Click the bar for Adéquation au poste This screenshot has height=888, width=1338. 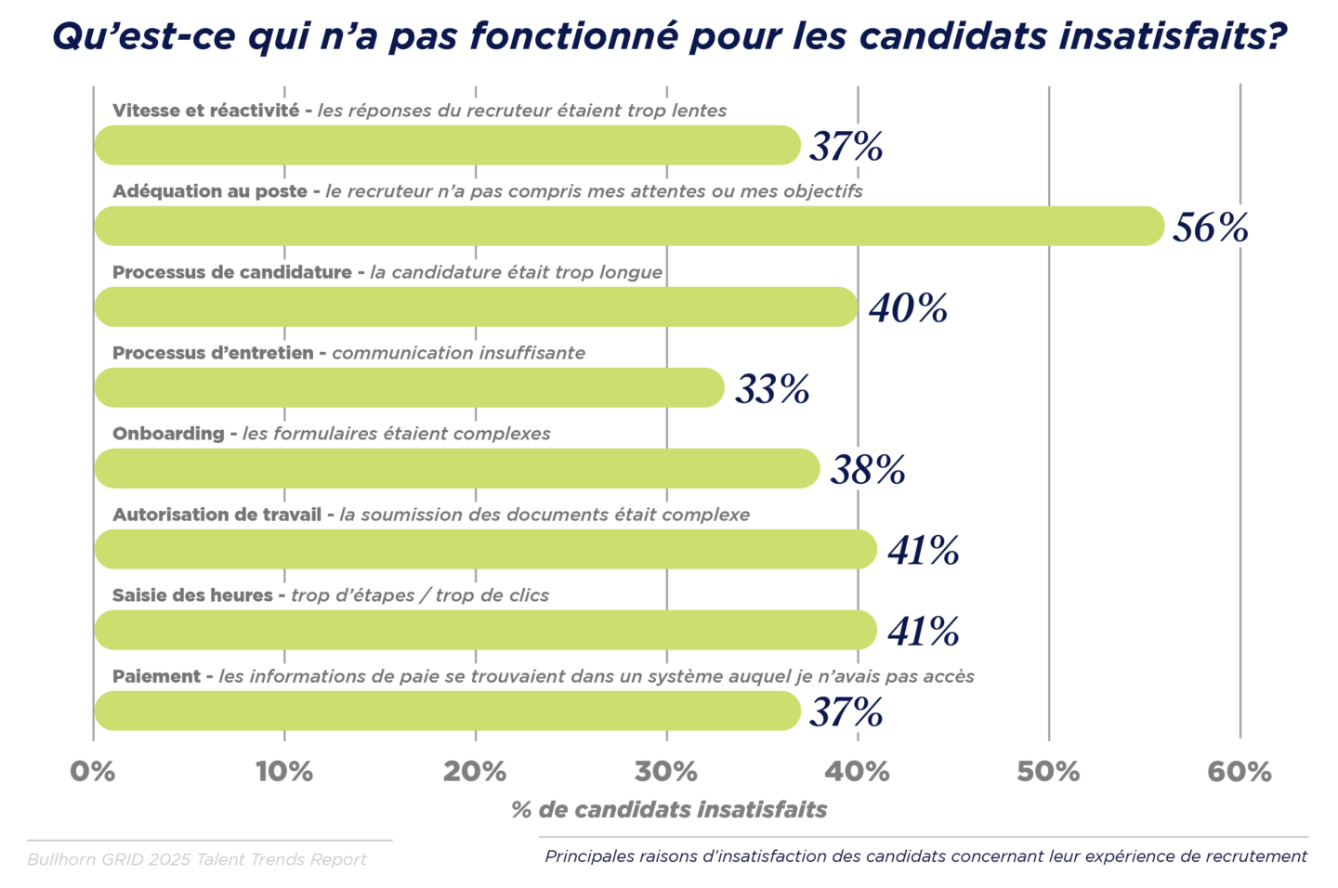629,227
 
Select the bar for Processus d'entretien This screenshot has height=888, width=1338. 409,388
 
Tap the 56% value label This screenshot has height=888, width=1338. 1210,228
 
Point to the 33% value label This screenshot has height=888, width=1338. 772,389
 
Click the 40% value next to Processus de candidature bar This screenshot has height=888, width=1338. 908,308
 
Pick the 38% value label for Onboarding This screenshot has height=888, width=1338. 867,470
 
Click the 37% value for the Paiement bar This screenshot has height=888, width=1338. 846,712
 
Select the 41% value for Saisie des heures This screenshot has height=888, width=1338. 923,632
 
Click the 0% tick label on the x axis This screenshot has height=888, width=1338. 93,772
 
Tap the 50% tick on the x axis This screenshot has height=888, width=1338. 1048,772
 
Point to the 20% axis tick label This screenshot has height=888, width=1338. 475,772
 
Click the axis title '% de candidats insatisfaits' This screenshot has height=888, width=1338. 669,810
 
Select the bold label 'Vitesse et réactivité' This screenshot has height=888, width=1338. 205,111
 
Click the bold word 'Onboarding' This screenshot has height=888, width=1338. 168,434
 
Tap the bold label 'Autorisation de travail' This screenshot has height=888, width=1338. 216,515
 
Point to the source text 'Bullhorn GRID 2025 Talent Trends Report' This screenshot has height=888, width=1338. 197,859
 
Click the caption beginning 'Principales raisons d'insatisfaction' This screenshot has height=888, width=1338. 925,856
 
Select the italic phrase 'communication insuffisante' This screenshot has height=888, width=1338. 458,353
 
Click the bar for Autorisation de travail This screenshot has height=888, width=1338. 485,550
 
